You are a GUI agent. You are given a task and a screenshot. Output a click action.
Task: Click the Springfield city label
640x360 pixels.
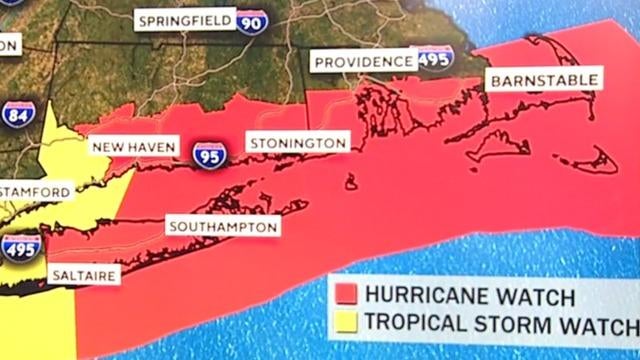(185, 20)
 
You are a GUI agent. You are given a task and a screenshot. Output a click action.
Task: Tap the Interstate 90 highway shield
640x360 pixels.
(251, 21)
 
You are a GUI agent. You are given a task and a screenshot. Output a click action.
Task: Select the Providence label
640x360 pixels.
(364, 62)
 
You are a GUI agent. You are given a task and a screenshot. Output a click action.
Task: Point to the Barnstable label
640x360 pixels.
(544, 78)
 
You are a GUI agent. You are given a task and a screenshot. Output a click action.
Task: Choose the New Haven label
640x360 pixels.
(134, 147)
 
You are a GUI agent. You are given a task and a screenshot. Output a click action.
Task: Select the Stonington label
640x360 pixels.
(297, 143)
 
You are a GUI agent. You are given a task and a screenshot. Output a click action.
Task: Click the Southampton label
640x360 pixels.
(222, 227)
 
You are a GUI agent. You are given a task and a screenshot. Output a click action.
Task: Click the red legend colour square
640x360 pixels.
(346, 296)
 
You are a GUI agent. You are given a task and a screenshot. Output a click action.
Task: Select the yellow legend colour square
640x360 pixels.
(346, 322)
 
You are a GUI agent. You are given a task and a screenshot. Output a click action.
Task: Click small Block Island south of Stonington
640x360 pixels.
(351, 182)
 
